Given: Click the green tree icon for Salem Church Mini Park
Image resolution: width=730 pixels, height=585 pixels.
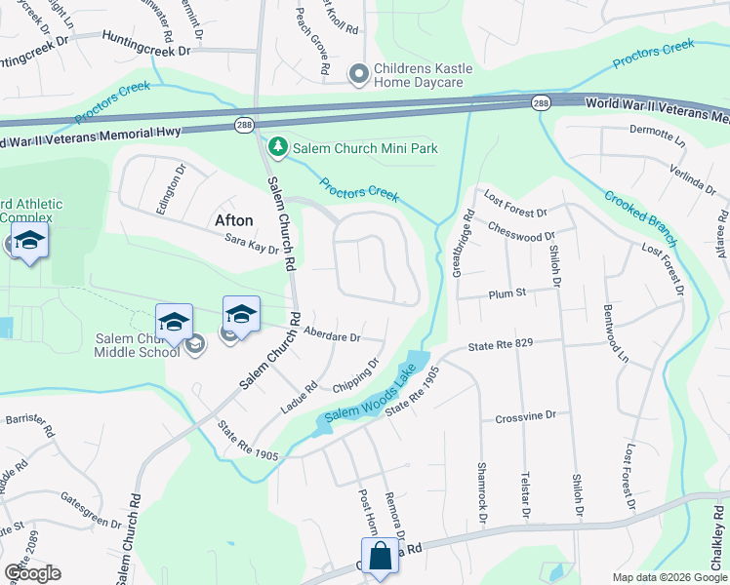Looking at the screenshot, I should (278, 147).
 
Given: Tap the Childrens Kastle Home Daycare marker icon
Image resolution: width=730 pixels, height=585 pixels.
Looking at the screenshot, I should (359, 73).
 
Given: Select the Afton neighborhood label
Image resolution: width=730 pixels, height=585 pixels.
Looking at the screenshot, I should (233, 220).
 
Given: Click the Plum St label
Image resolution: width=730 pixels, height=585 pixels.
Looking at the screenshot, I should (507, 292).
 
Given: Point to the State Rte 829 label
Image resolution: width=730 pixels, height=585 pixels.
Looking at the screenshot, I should (503, 345).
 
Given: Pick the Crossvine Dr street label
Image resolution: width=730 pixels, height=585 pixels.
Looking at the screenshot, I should (525, 415).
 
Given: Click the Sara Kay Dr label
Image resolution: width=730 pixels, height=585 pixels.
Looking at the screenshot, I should (252, 247).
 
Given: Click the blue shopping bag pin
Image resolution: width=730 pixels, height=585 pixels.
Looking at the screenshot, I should (382, 558).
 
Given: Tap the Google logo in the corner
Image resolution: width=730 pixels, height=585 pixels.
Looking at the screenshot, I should (31, 573).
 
